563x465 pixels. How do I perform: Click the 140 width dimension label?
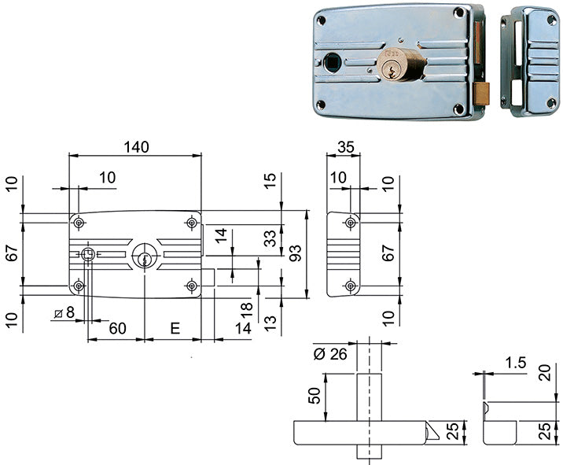pos(137,147)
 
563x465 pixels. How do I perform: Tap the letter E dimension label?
pos(175,328)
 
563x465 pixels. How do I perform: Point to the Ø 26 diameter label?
pos(330,354)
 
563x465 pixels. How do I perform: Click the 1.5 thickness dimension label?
pos(516,363)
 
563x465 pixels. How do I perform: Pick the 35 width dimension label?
pos(346,147)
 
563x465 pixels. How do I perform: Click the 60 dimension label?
pos(117,328)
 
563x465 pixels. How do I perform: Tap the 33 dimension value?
pos(270,238)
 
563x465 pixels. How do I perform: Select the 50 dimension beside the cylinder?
pos(315,395)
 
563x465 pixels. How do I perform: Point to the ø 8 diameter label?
pos(64,312)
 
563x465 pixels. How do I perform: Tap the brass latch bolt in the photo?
pos(482,94)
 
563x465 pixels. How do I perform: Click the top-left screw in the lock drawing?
pos(79,223)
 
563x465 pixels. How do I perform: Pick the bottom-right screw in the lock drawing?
pos(192,286)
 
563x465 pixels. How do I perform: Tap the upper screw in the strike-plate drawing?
pos(351,223)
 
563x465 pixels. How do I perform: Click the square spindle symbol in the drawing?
pos(87,255)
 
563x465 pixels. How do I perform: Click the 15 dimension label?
pos(270,180)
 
